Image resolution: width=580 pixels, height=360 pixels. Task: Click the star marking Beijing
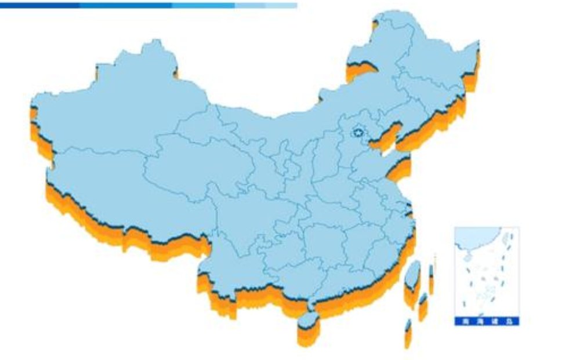click(x=358, y=133)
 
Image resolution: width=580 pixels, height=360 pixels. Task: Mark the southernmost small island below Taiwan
click(x=408, y=332)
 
